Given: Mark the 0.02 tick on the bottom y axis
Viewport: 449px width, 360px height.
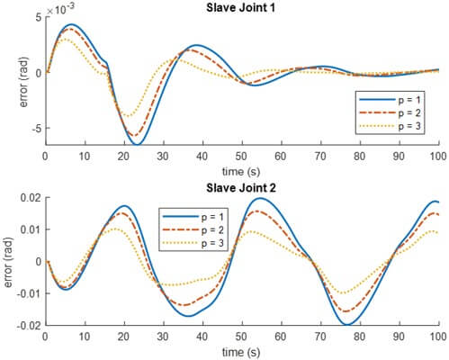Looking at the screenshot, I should click(x=30, y=197).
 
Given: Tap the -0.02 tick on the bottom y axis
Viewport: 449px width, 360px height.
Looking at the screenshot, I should click(x=27, y=325).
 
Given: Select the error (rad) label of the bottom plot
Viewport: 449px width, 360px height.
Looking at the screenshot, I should click(x=11, y=261).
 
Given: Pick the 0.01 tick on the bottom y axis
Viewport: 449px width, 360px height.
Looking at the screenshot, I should click(x=30, y=229).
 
